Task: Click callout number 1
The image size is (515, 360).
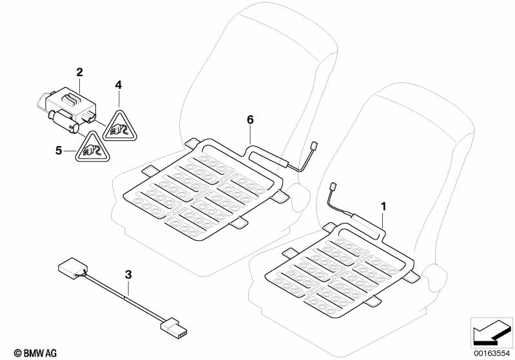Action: (384, 207)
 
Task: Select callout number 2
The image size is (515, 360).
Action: (79, 73)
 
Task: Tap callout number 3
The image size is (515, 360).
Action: (128, 274)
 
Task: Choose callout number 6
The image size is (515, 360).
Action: (251, 119)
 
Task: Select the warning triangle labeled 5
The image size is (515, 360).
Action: (88, 147)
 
